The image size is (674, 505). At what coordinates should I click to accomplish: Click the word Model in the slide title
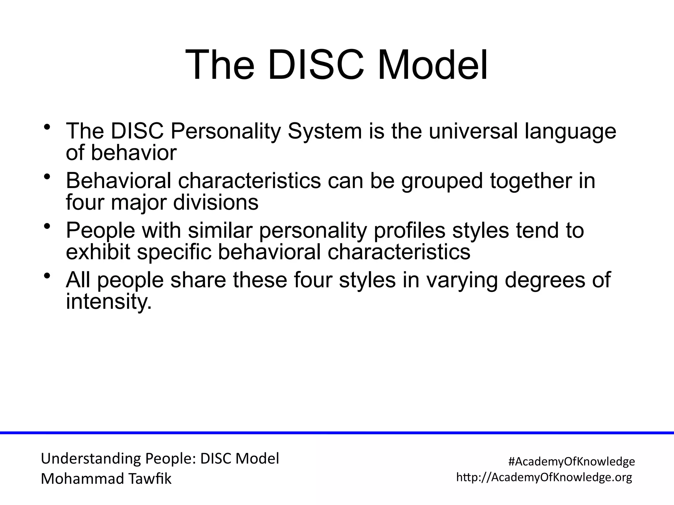click(432, 65)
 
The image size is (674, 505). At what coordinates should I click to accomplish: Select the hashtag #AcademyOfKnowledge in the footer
click(572, 462)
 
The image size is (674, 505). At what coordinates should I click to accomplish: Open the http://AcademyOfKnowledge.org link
click(544, 477)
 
